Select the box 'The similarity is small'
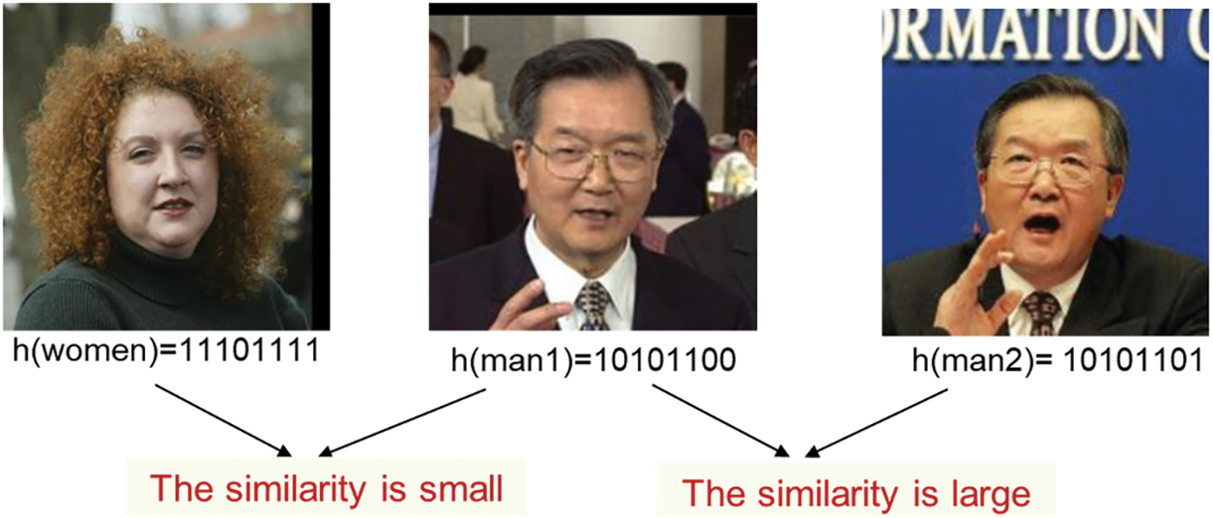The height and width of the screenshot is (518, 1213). click(328, 489)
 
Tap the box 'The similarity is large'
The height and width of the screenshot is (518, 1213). click(855, 494)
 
